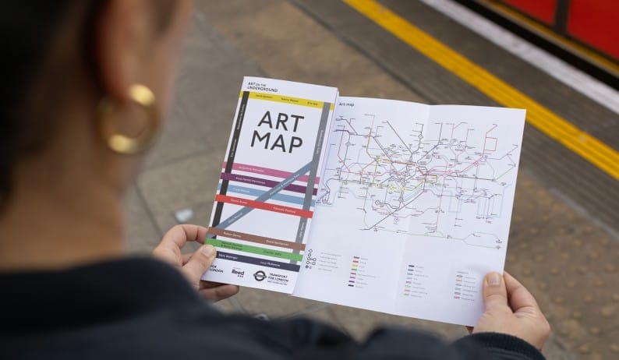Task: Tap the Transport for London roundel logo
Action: pos(260,276)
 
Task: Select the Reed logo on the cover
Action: pos(237,273)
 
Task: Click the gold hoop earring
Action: pos(128,121)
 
